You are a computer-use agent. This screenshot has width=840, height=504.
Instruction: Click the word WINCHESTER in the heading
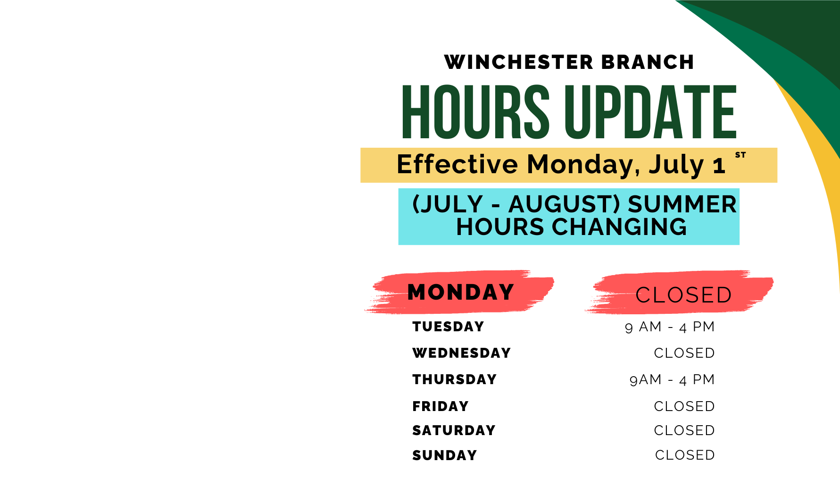click(519, 62)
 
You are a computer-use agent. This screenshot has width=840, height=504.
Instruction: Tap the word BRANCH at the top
click(648, 62)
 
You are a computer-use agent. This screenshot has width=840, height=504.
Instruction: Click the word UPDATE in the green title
click(650, 112)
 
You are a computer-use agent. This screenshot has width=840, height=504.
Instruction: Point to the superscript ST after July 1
click(740, 155)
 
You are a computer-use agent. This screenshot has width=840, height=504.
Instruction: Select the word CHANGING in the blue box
click(619, 227)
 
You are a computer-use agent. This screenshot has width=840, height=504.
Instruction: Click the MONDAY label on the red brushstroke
click(461, 292)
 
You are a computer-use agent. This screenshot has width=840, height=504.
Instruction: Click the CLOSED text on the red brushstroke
click(683, 295)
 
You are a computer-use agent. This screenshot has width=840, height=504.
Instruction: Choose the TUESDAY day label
click(448, 327)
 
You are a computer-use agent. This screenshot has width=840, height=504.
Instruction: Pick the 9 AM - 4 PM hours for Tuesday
click(670, 327)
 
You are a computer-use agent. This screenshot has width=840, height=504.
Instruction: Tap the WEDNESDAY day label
click(462, 353)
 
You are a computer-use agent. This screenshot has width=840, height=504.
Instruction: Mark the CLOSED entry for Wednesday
click(684, 353)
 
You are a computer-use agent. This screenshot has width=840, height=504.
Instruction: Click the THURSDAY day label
click(455, 379)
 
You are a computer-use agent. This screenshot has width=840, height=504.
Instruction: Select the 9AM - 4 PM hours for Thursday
click(672, 379)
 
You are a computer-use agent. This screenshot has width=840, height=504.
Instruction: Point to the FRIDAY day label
click(441, 406)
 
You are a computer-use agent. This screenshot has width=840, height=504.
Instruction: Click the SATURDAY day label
click(454, 430)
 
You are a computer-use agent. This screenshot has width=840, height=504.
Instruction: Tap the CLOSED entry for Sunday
click(685, 455)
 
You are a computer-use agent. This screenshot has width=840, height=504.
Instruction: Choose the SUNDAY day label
click(445, 455)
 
